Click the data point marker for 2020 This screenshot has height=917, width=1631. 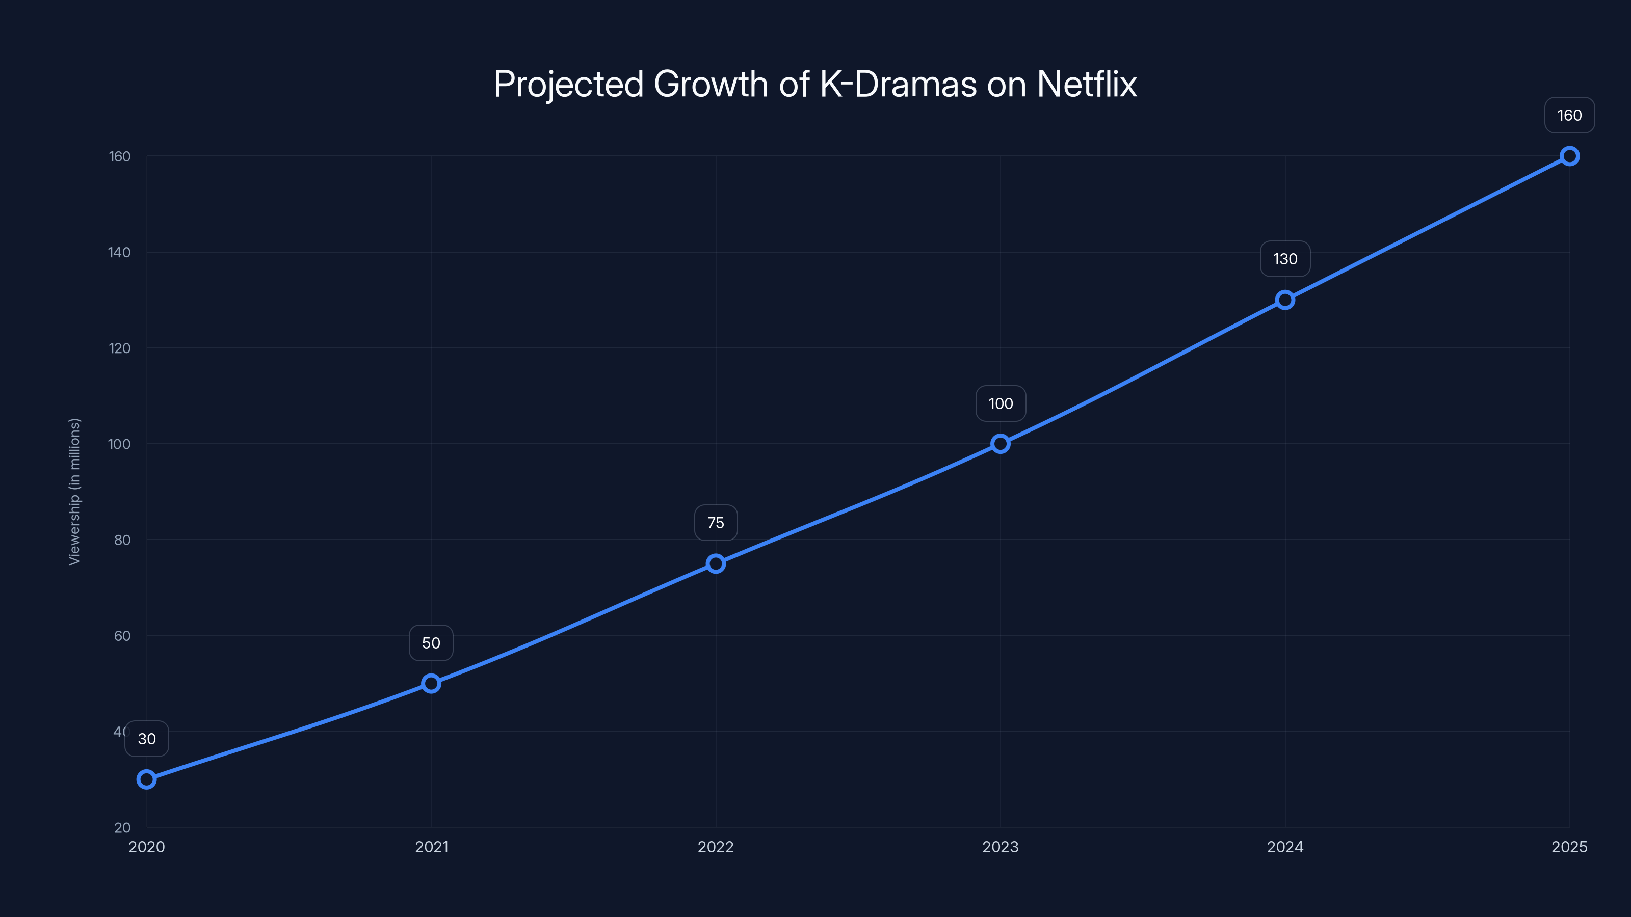tap(146, 779)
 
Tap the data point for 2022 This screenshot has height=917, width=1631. tap(716, 563)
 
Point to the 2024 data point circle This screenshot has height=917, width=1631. tap(1284, 300)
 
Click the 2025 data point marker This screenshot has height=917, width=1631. tap(1569, 156)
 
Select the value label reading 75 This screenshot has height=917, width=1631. tap(716, 523)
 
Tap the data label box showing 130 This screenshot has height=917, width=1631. tap(1284, 259)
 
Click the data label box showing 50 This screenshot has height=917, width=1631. tap(431, 643)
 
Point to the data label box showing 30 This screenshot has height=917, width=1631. tap(146, 739)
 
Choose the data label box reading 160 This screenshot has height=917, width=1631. tap(1569, 115)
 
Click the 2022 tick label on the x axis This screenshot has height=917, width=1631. tap(716, 847)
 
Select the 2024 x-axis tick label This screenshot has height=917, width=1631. tap(1284, 847)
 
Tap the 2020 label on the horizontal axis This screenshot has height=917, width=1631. tap(146, 847)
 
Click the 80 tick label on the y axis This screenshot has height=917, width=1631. tap(122, 540)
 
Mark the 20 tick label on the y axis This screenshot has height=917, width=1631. tap(122, 827)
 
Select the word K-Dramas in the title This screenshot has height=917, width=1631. tap(898, 84)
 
